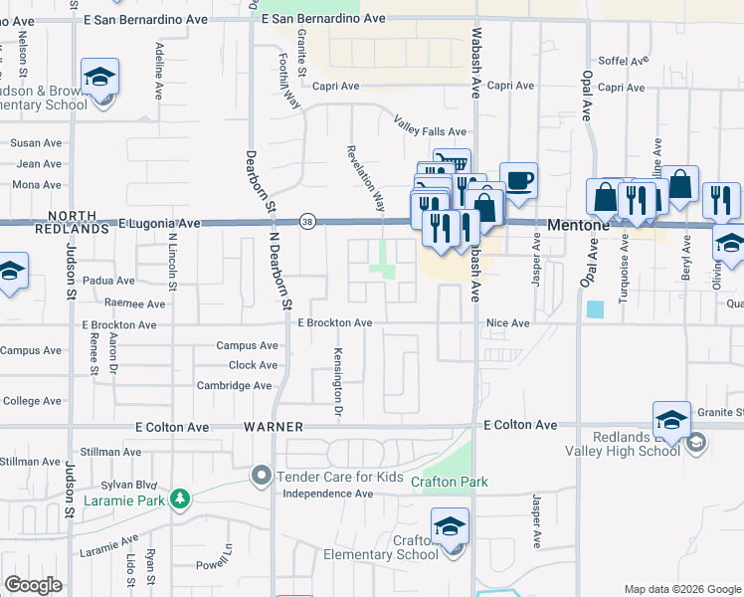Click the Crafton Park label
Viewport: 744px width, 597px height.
pyautogui.click(x=456, y=483)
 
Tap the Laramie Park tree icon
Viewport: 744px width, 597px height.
pyautogui.click(x=180, y=497)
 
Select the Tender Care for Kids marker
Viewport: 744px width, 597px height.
pyautogui.click(x=262, y=476)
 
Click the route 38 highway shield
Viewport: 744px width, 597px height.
pyautogui.click(x=309, y=224)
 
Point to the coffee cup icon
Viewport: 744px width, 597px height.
pyautogui.click(x=519, y=181)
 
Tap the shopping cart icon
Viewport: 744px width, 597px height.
pyautogui.click(x=453, y=162)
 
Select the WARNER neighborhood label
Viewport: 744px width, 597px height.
pyautogui.click(x=274, y=426)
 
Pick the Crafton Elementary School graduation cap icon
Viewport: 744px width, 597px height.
pyautogui.click(x=450, y=525)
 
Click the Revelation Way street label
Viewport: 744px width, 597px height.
pyautogui.click(x=365, y=180)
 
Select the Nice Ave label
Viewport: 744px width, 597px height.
pyautogui.click(x=508, y=323)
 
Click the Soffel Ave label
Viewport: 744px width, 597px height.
pyautogui.click(x=622, y=62)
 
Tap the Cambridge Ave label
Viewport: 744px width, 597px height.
pyautogui.click(x=234, y=385)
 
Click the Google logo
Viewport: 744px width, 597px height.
pyautogui.click(x=34, y=585)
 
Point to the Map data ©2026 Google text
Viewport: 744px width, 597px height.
pyautogui.click(x=681, y=589)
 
